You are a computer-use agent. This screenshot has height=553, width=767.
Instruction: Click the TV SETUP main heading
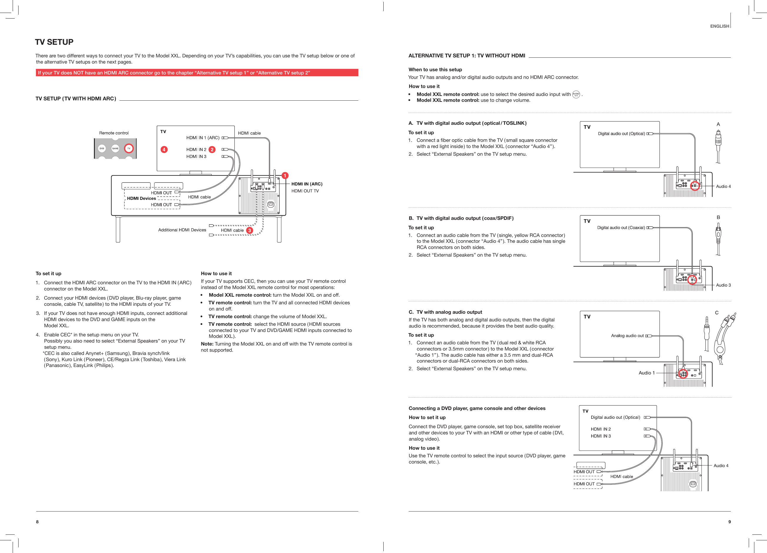point(54,42)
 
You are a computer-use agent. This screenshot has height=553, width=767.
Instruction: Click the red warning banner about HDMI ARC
point(197,73)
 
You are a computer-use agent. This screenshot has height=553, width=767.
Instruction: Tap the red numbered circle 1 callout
point(285,175)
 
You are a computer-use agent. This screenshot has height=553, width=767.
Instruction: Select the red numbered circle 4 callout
point(164,150)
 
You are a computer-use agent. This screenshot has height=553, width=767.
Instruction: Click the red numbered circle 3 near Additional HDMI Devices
point(250,230)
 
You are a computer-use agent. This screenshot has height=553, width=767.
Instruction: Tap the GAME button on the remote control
point(115,148)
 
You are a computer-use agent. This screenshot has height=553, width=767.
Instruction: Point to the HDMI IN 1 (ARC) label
point(203,137)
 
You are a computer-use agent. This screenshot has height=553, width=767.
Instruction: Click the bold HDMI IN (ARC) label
point(307,184)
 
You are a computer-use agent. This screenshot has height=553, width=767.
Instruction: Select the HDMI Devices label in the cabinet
point(141,198)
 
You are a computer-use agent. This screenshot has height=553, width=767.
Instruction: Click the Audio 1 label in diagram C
point(646,373)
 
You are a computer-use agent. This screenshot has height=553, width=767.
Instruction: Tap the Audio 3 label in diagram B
point(723,285)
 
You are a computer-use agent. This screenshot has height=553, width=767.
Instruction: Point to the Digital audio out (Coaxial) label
point(621,227)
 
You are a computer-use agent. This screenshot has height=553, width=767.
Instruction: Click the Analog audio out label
point(627,336)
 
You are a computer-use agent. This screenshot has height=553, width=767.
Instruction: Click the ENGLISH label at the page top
point(719,26)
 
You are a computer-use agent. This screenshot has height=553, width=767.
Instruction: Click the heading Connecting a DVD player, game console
point(477,408)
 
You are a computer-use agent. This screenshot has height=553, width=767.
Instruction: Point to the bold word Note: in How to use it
point(207,344)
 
